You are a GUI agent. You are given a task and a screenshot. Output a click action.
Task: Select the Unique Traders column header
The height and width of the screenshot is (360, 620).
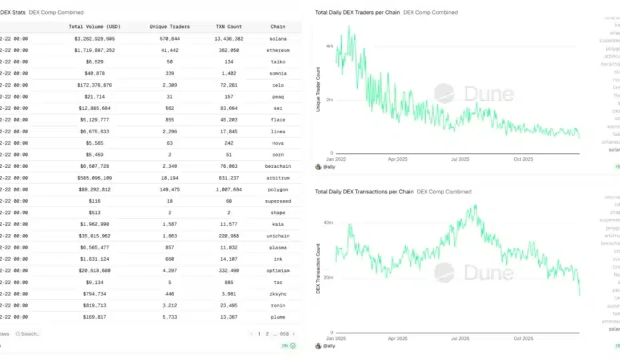coord(169,27)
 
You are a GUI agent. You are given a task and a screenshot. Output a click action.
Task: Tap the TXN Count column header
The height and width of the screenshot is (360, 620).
coord(228,27)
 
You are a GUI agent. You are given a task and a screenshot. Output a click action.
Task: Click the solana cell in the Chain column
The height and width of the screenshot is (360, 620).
coord(278,39)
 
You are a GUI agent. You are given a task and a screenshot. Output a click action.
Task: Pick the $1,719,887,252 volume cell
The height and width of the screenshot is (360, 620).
coord(95,50)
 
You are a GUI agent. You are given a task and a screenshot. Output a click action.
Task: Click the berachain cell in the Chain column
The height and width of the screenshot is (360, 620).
coord(278,166)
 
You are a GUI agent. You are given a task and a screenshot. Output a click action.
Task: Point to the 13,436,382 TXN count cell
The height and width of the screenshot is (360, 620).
coord(228,39)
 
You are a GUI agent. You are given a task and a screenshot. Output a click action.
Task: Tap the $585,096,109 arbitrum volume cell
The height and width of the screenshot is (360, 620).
coord(94,177)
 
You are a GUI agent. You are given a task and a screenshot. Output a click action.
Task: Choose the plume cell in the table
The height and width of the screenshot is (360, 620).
coord(278,316)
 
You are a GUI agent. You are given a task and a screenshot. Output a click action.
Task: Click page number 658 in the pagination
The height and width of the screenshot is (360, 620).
coord(284,333)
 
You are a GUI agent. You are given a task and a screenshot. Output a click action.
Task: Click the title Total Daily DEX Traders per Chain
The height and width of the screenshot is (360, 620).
coord(357,13)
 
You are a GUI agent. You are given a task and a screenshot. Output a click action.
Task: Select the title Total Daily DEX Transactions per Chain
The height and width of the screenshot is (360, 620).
coord(364,191)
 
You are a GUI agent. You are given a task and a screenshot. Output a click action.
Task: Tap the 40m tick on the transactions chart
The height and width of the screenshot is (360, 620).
coord(327,223)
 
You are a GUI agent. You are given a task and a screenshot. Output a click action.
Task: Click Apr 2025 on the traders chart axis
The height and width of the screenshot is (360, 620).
coord(397,159)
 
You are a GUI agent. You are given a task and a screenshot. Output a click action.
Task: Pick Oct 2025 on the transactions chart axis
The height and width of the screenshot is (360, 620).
coord(523,339)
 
